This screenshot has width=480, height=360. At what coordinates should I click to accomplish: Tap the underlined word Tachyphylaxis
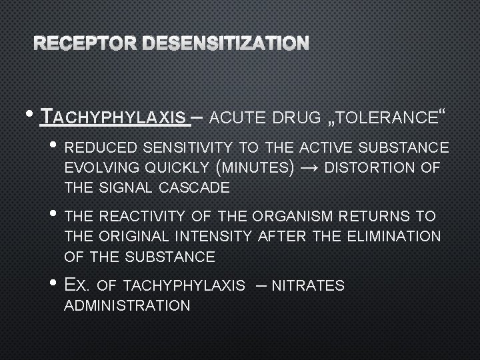pos(113,119)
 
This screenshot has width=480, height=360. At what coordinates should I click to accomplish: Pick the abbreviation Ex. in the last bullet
pos(77,285)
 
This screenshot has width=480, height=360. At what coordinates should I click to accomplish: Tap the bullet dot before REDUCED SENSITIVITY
pos(55,145)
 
